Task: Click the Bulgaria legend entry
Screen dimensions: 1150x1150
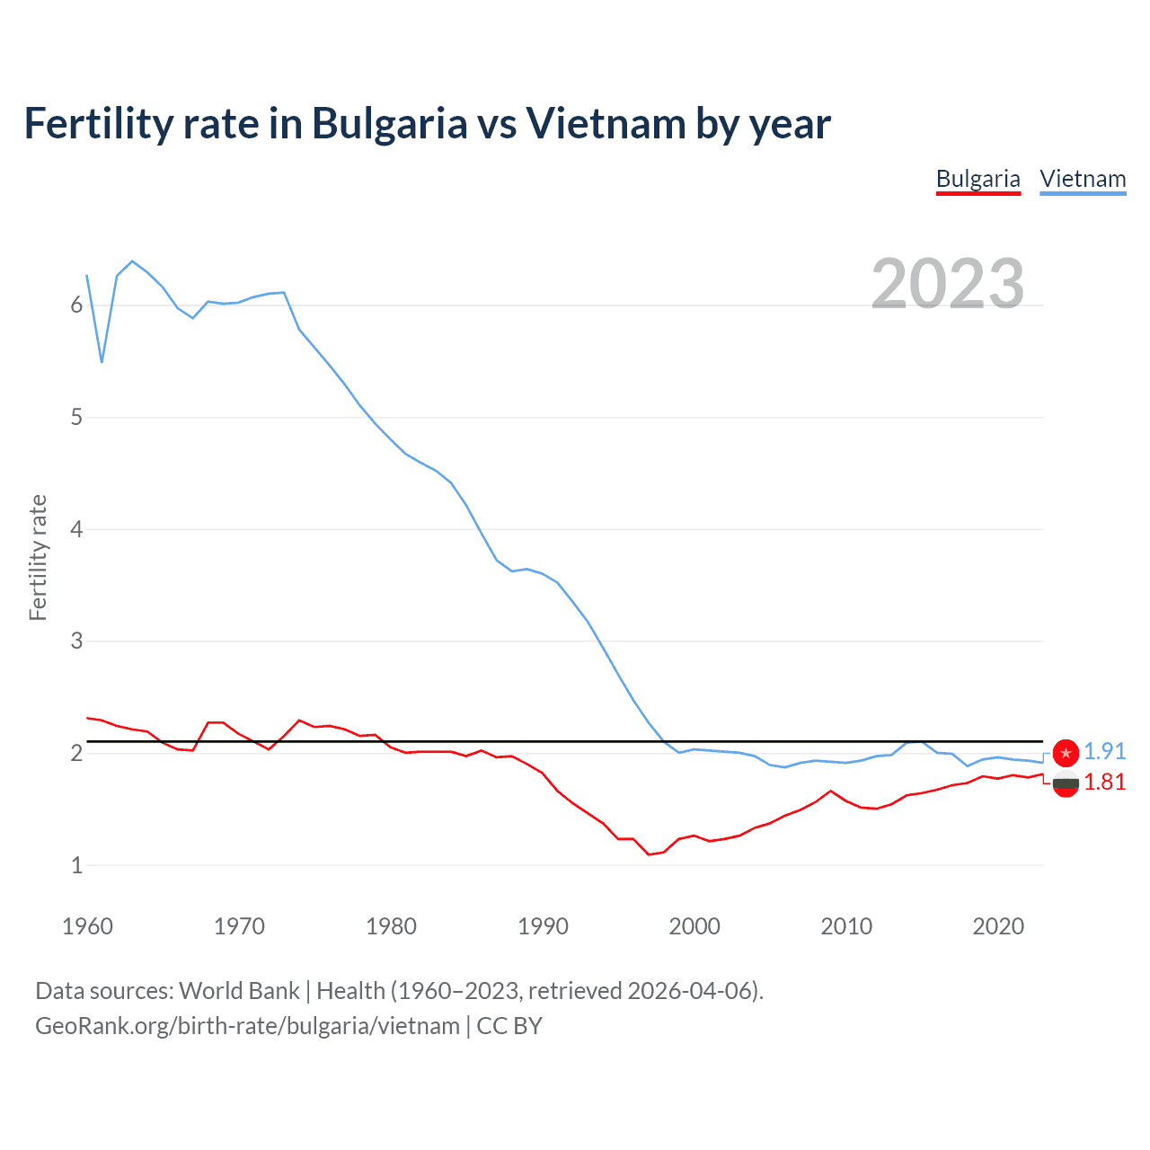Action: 977,179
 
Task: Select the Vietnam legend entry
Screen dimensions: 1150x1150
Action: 1083,179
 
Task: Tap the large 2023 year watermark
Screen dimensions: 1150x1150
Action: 947,284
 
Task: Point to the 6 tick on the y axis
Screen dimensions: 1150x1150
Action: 76,305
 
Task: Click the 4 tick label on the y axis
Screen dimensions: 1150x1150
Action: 76,529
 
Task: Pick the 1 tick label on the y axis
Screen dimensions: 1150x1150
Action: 76,865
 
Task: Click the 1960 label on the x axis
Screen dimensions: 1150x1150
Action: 87,926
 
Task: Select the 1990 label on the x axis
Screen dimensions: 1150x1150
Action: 543,926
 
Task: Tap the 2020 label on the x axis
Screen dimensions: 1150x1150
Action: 998,926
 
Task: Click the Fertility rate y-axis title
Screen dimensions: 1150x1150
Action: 38,557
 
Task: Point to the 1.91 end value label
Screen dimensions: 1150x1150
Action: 1104,751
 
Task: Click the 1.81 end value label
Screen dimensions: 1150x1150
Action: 1104,783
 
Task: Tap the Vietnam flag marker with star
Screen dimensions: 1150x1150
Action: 1066,753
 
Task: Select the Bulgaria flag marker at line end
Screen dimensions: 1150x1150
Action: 1066,783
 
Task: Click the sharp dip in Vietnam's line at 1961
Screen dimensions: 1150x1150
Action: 102,362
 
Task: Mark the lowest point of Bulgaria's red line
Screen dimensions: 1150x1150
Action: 649,854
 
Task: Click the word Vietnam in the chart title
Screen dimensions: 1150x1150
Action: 606,123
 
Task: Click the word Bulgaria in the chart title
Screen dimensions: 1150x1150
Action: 390,123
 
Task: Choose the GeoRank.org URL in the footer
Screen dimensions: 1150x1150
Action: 247,1026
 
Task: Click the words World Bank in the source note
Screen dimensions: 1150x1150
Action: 239,991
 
